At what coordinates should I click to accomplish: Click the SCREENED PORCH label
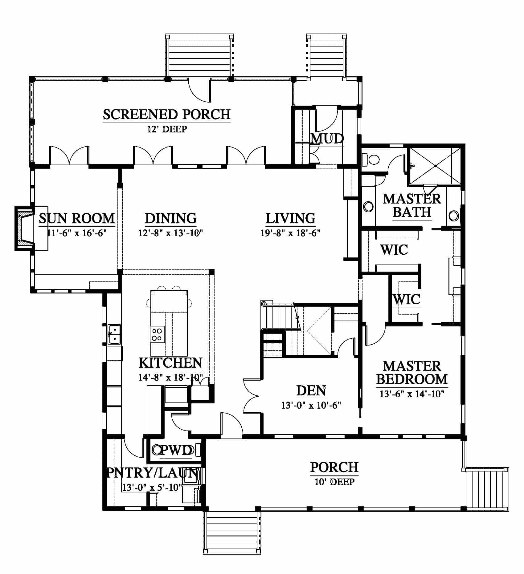(167, 114)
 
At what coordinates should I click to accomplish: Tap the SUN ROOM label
(77, 218)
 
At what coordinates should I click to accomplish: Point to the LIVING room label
(291, 218)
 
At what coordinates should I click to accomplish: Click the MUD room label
(327, 139)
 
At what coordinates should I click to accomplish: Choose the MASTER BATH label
(412, 205)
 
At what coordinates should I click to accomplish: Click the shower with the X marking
(435, 166)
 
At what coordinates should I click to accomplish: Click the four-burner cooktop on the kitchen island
(157, 334)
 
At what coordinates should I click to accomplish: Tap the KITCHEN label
(170, 363)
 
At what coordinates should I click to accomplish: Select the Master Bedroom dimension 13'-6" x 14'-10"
(412, 394)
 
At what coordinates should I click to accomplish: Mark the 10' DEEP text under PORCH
(334, 482)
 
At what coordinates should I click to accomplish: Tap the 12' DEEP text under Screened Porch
(167, 129)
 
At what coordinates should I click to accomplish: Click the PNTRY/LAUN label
(152, 473)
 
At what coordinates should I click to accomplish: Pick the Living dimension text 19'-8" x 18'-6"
(291, 233)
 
